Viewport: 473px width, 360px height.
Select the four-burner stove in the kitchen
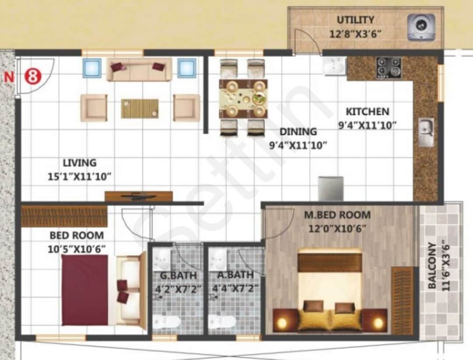tap(388, 68)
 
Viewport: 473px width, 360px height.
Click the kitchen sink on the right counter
tap(426, 132)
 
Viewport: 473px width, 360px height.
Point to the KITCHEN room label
tap(367, 111)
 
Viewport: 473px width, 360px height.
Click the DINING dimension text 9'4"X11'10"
tap(298, 145)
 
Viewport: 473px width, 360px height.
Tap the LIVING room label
tap(79, 163)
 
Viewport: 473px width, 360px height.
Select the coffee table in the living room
tap(140, 108)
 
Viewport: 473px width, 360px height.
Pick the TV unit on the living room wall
tap(138, 196)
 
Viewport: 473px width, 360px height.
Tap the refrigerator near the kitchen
tap(331, 188)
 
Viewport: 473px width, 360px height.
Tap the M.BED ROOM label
tap(337, 215)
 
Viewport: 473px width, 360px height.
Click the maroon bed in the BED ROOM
tap(85, 290)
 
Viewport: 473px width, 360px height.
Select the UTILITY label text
tap(355, 20)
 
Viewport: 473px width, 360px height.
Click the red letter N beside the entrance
tap(8, 77)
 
